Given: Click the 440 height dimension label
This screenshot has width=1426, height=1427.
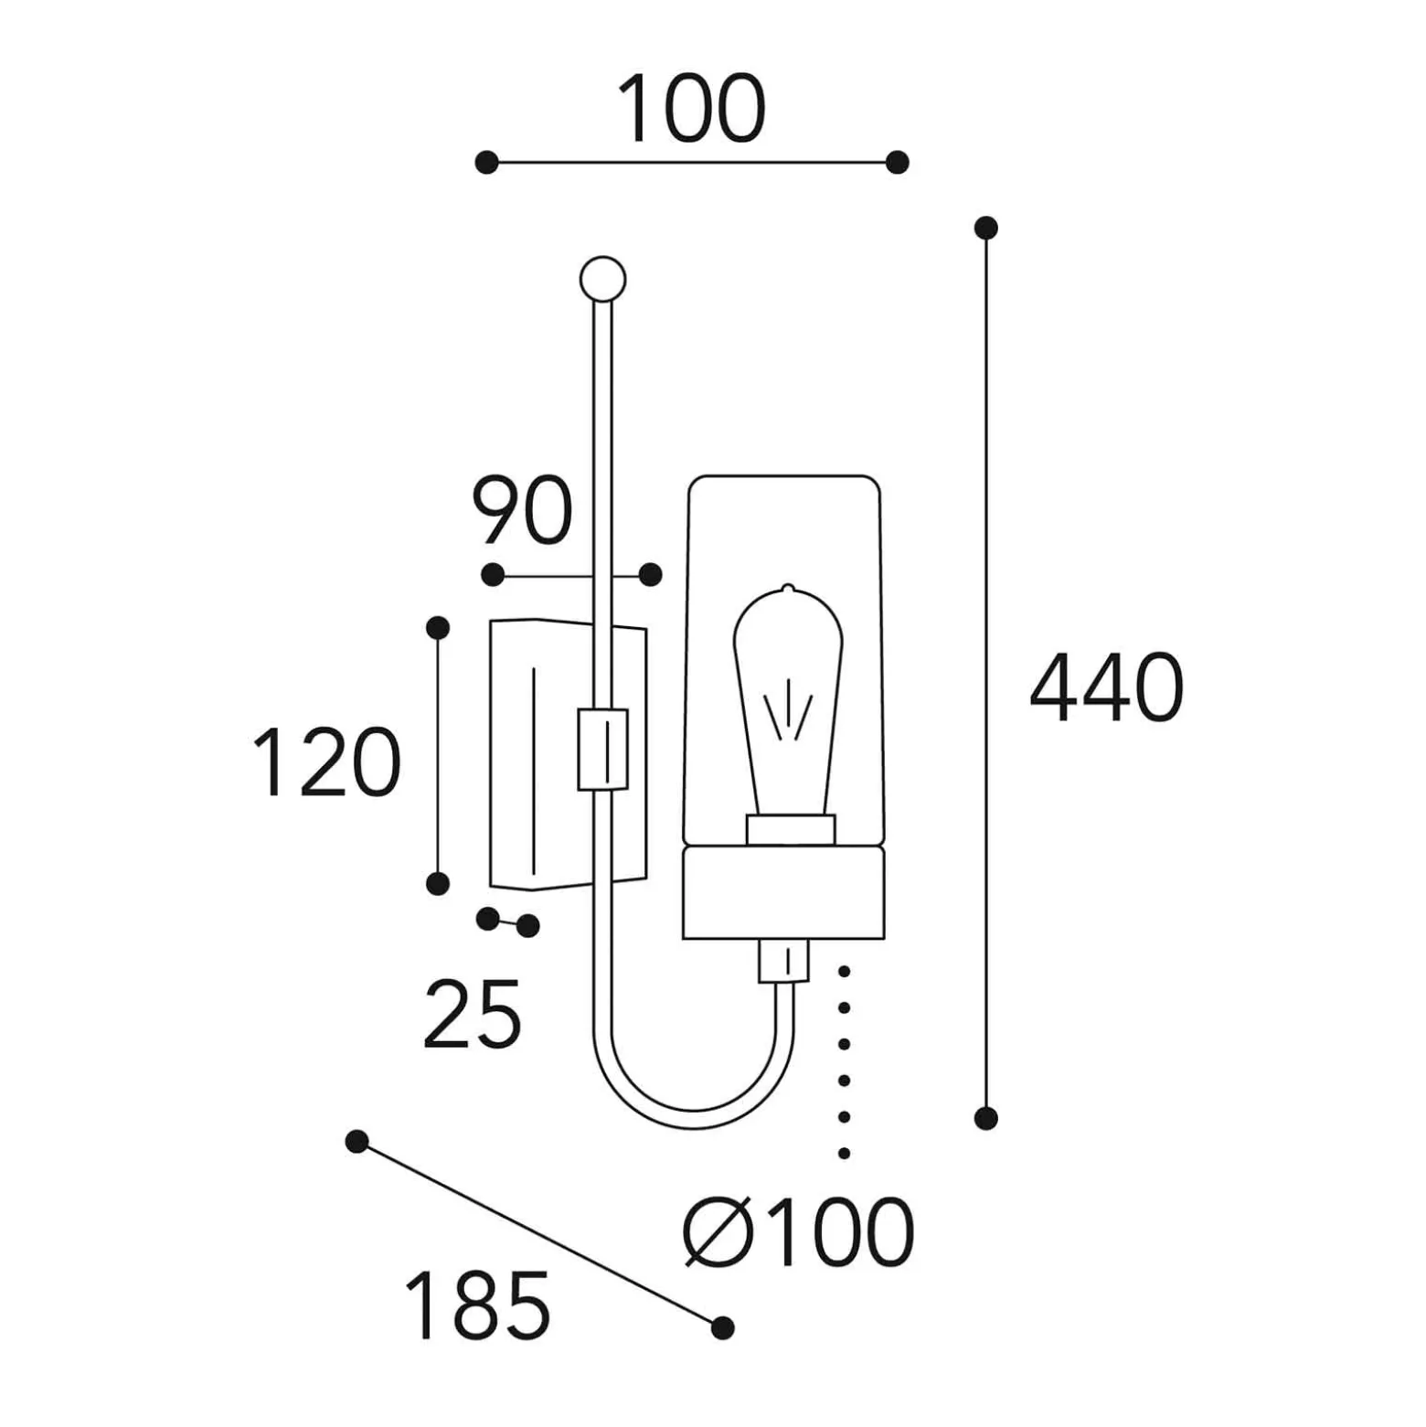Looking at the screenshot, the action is [x=1107, y=687].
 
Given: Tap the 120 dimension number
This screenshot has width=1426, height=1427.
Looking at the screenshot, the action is [x=326, y=762].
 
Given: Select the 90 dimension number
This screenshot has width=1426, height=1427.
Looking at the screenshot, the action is [x=522, y=510].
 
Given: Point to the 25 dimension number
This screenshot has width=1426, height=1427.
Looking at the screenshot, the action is [x=472, y=1013].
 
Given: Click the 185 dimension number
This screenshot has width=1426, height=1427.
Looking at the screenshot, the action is [x=477, y=1305].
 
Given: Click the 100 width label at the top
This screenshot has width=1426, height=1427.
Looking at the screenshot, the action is [x=691, y=108].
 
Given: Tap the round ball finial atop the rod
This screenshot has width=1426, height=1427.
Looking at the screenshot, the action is [x=603, y=279].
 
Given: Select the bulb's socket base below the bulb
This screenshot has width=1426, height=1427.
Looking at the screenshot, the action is [x=791, y=830].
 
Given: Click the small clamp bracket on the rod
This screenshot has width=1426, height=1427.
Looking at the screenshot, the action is [x=603, y=749].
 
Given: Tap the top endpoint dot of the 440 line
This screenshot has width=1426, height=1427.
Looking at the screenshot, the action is [x=985, y=228].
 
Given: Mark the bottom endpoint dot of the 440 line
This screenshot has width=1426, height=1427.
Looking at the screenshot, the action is [x=985, y=1117].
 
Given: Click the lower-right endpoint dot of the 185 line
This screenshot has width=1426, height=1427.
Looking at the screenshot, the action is [x=722, y=1327].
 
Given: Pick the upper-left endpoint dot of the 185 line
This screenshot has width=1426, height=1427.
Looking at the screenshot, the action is [x=356, y=1141].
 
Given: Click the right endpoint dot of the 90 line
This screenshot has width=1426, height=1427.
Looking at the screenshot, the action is [x=650, y=574].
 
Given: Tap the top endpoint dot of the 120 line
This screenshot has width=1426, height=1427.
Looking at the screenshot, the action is [x=438, y=628].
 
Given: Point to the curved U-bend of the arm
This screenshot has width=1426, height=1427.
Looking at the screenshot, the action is [x=693, y=1117].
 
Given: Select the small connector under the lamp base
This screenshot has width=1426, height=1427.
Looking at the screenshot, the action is [x=783, y=961].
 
